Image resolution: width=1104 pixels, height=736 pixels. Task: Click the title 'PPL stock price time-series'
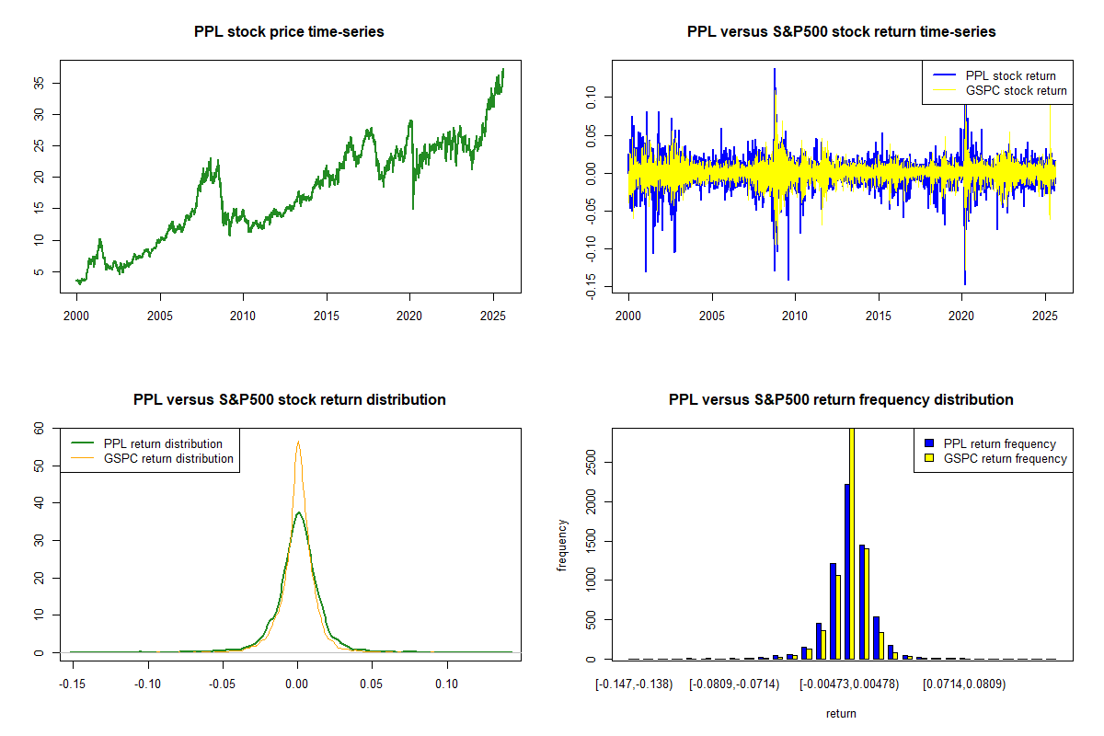289,32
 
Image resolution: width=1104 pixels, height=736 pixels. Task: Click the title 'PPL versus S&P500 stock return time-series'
841,32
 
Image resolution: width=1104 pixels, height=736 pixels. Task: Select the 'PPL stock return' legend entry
1010,75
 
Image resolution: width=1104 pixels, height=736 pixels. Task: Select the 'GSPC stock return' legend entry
1016,90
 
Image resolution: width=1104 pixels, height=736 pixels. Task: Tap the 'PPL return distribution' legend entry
163,443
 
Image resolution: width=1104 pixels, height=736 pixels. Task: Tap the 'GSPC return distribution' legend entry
168,458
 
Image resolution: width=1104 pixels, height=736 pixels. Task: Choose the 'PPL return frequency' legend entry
1000,443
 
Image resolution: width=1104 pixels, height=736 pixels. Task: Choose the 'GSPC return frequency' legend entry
1005,458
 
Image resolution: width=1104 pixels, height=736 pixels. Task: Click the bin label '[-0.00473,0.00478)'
848,684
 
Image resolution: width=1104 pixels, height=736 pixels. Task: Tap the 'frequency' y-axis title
564,544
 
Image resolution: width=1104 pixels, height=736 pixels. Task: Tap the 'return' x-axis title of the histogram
841,713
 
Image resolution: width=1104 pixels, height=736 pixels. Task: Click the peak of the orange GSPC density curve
298,442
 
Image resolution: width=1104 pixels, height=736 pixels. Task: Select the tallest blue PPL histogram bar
846,571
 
